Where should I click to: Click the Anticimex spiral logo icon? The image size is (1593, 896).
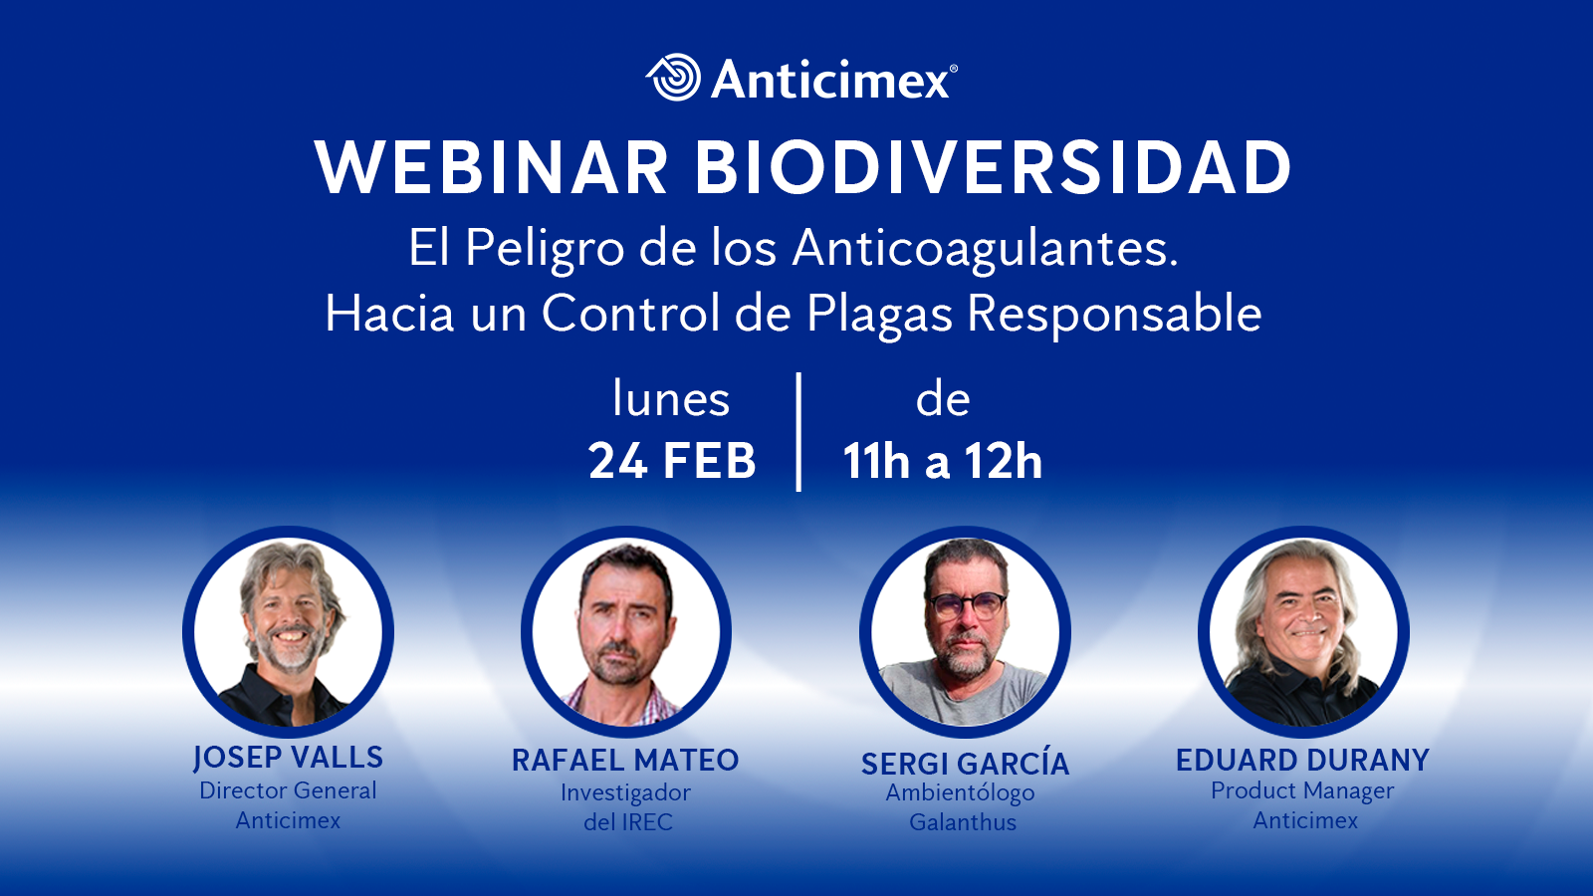coord(673,77)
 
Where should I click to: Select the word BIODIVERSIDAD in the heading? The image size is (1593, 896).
coord(993,168)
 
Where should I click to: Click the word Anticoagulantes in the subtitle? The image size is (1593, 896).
coord(985,250)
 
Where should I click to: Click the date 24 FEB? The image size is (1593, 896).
coord(672,461)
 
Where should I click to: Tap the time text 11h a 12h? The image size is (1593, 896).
coord(942,461)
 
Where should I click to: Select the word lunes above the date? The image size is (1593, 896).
coord(671,398)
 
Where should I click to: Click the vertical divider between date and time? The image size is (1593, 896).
coord(799,432)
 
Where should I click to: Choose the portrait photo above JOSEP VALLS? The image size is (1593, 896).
coord(288,631)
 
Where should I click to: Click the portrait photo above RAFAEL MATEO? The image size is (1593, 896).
coord(626,631)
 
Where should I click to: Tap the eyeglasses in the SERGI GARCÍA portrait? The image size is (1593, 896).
coord(967,605)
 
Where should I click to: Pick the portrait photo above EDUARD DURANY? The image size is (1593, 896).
coord(1303,631)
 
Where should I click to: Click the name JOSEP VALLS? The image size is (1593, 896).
coord(288,758)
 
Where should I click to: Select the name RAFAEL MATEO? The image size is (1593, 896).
coord(626,761)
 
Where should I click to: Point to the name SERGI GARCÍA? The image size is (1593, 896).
coord(965,763)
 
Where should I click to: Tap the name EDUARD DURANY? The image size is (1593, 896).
coord(1303,761)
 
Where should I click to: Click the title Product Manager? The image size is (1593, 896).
coord(1303,790)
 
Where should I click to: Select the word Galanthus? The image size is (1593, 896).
coord(963,822)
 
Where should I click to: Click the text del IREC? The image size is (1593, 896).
coord(628,822)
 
